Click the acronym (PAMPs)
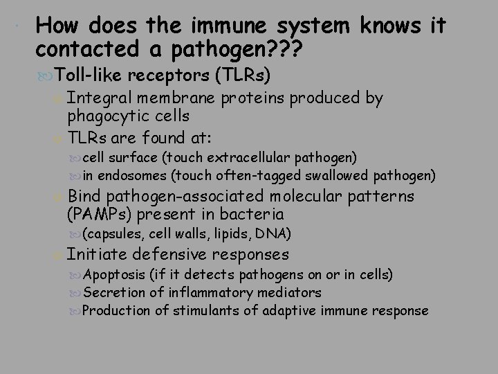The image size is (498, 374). click(95, 213)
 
